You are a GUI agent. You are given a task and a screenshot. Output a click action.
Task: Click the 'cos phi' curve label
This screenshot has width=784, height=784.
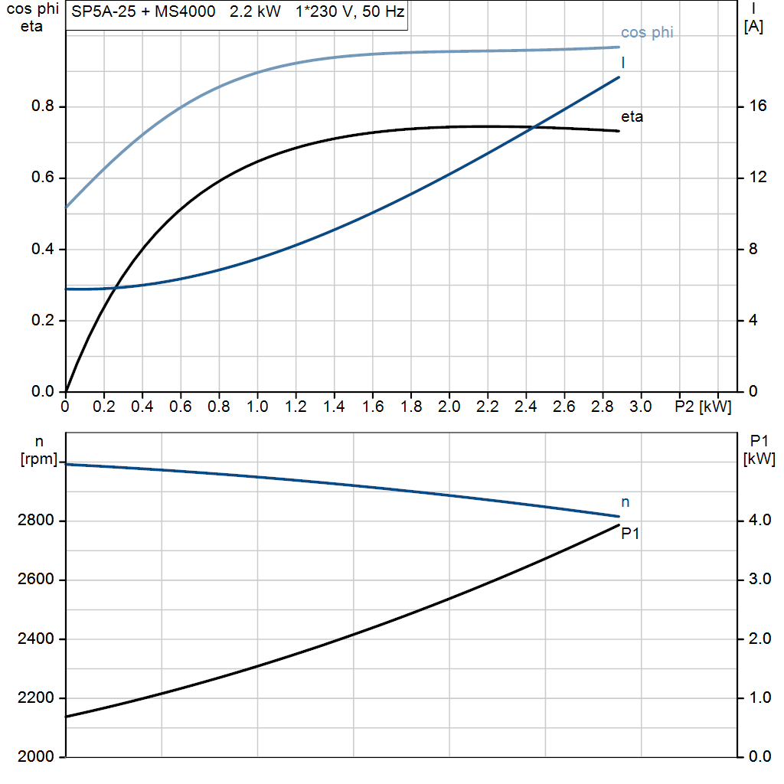click(x=647, y=33)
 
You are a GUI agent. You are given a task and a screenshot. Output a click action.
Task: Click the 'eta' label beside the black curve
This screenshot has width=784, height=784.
click(x=632, y=117)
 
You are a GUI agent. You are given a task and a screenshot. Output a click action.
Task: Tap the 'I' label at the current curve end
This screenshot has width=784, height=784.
click(x=623, y=61)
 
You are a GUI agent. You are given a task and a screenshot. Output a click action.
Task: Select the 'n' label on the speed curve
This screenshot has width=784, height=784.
click(x=625, y=502)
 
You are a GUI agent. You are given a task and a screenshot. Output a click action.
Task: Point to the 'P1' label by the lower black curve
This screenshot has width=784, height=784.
click(x=630, y=534)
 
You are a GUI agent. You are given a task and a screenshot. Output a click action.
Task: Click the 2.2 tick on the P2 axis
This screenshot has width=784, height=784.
click(x=487, y=407)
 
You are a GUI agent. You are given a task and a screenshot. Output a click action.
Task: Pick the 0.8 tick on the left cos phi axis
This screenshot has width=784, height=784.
click(x=43, y=106)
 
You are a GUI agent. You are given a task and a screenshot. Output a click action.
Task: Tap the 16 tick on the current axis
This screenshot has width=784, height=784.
click(x=758, y=106)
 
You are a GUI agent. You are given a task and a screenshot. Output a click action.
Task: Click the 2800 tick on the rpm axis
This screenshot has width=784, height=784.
click(x=36, y=521)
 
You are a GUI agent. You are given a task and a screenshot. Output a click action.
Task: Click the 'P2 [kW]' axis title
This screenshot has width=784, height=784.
click(x=703, y=407)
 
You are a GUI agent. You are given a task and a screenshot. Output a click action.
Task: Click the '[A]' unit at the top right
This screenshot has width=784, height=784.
click(x=753, y=27)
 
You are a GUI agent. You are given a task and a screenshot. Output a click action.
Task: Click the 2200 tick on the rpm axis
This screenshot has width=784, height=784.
click(x=36, y=698)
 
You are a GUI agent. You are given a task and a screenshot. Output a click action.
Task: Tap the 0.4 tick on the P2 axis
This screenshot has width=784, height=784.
click(x=142, y=407)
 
